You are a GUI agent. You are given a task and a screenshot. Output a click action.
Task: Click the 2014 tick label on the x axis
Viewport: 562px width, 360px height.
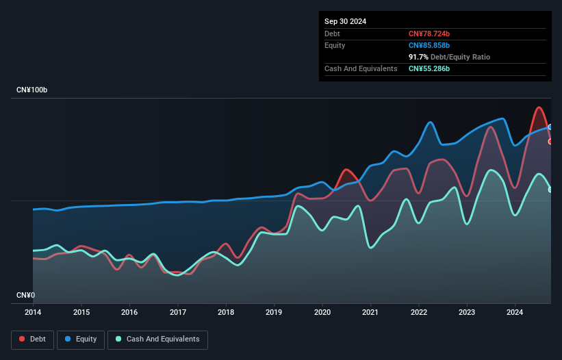click(33, 313)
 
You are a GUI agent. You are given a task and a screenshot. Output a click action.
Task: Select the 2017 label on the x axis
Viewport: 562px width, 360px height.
click(177, 313)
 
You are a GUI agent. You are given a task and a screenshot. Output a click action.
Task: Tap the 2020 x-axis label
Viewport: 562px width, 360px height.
click(322, 313)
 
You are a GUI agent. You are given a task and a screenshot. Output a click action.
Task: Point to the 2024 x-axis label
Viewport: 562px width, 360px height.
click(515, 313)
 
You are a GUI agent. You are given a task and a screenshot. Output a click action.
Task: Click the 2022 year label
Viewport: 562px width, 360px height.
click(418, 313)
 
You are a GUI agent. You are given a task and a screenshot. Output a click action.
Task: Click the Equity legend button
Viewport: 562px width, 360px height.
click(81, 339)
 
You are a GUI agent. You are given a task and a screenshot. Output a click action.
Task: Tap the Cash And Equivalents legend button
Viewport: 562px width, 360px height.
click(157, 339)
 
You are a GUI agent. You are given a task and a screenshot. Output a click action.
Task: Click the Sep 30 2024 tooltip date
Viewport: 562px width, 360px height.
click(345, 21)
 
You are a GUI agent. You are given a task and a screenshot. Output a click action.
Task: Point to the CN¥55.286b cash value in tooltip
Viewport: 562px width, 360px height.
click(430, 68)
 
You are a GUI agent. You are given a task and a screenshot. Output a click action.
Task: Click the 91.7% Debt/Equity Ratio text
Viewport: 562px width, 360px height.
click(449, 57)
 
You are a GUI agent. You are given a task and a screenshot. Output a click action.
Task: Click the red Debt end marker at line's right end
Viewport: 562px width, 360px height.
click(550, 142)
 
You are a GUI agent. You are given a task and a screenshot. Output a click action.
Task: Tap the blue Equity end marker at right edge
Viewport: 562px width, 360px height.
click(550, 127)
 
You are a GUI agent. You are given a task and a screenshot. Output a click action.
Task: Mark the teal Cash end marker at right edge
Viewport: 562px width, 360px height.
click(550, 190)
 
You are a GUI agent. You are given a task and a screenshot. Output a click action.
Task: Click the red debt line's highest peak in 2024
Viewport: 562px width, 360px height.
click(539, 107)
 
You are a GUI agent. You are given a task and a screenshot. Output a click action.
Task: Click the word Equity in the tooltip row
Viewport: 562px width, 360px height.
click(335, 45)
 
